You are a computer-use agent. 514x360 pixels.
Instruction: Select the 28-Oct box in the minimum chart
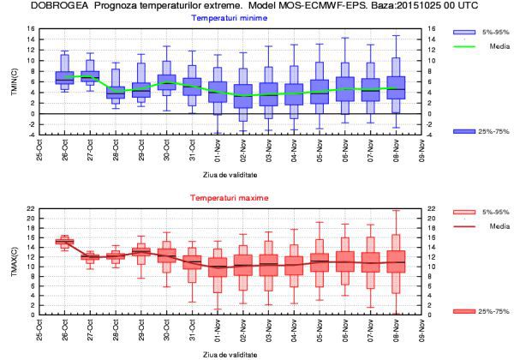click(116, 94)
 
